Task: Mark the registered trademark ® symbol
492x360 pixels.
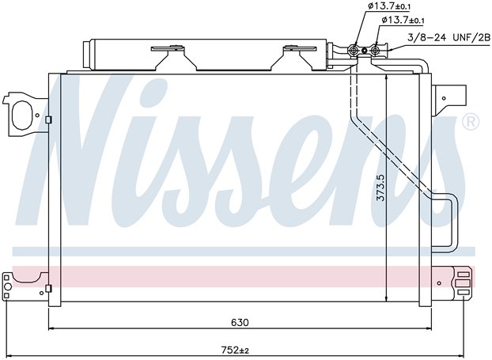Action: [469, 123]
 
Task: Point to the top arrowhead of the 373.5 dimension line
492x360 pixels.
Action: [385, 78]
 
